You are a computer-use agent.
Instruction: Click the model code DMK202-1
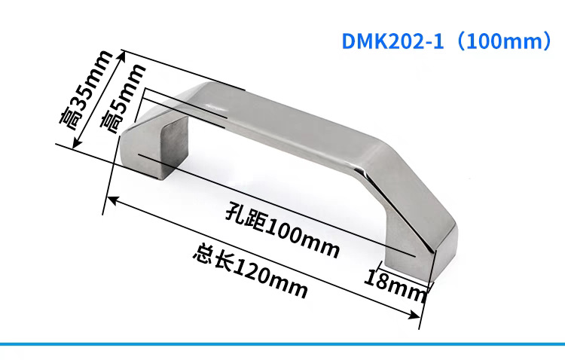tap(392, 41)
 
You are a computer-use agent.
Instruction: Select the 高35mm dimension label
tap(86, 90)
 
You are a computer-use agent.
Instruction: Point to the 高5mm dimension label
tap(123, 99)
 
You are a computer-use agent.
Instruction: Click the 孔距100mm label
tap(282, 230)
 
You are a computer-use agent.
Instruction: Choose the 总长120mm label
tap(250, 270)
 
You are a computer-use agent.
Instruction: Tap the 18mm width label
tap(395, 285)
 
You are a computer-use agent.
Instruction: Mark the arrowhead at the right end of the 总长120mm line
tap(414, 316)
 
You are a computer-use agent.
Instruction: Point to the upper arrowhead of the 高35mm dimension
tap(123, 56)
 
